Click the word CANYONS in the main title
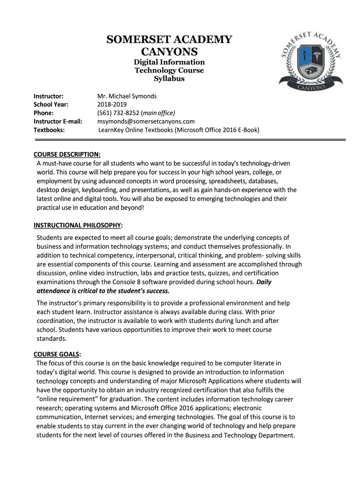[169, 51]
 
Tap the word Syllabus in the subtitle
[169, 79]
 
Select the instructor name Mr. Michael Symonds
[127, 96]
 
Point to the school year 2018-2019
[112, 104]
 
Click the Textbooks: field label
[49, 130]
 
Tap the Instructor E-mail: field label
[58, 121]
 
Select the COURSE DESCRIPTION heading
[67, 154]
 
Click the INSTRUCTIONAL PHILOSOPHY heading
[77, 225]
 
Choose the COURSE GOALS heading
[57, 354]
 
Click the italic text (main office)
[159, 113]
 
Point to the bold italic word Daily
[264, 282]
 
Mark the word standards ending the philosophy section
[52, 339]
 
